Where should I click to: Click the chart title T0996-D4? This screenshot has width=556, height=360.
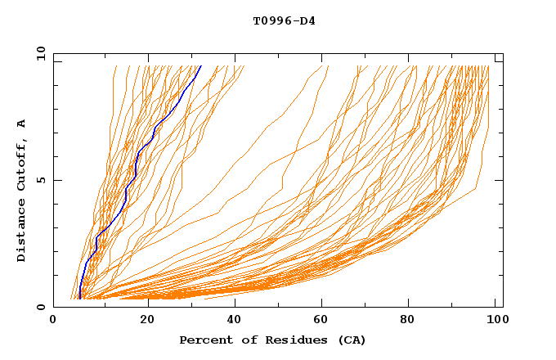pyautogui.click(x=284, y=21)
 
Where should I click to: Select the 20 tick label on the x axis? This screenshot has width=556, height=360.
pyautogui.click(x=142, y=321)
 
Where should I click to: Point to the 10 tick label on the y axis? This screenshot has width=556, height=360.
pyautogui.click(x=40, y=53)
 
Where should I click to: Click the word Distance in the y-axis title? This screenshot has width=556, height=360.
pyautogui.click(x=22, y=229)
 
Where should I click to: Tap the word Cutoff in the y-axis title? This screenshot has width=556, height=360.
pyautogui.click(x=22, y=162)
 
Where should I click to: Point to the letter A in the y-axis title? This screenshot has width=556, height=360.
pyautogui.click(x=22, y=124)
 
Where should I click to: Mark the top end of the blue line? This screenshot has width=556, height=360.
pyautogui.click(x=201, y=65)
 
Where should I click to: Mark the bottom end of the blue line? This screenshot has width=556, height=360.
pyautogui.click(x=79, y=299)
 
